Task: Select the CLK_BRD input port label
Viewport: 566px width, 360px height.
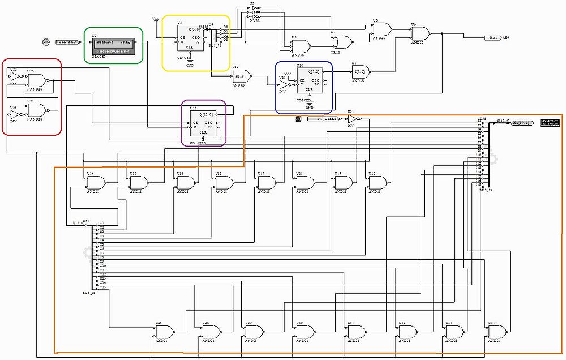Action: pos(68,42)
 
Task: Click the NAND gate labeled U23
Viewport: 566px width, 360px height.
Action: pos(37,81)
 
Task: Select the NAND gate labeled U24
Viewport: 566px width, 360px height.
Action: pos(37,110)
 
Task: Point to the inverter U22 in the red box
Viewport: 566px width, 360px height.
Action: pos(15,76)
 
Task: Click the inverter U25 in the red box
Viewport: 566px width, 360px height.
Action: pos(15,115)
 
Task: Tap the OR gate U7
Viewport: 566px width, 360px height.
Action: pos(342,41)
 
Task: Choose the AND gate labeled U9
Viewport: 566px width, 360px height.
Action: pos(419,33)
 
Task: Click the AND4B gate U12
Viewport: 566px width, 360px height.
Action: pos(241,76)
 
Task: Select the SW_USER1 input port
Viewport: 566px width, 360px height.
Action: pos(323,119)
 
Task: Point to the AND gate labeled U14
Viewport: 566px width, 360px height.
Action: pos(95,182)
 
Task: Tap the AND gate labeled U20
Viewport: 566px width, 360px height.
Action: pos(376,182)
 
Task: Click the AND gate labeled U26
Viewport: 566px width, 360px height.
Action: pos(165,332)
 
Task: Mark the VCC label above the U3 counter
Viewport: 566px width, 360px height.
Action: pos(156,19)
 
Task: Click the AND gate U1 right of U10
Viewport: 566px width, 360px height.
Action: pos(360,71)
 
